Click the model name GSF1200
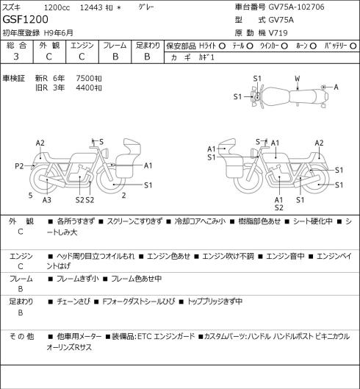tap(25, 20)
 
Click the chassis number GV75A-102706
tap(297, 7)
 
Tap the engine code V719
tap(278, 33)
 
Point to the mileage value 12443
tap(91, 7)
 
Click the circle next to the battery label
tap(353, 46)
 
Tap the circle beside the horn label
tap(313, 46)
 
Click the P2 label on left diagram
tap(19, 166)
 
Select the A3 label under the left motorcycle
tap(47, 200)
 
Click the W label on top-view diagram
tap(298, 79)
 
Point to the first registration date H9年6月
tap(59, 33)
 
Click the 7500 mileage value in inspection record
tap(84, 79)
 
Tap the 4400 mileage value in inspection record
tap(84, 88)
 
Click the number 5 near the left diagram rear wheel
tap(31, 196)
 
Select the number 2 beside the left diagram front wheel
tap(123, 196)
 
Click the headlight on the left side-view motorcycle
tap(105, 152)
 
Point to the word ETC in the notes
tap(144, 337)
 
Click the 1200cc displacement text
tap(57, 7)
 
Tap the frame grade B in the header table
tap(115, 57)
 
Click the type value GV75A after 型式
tap(281, 20)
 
